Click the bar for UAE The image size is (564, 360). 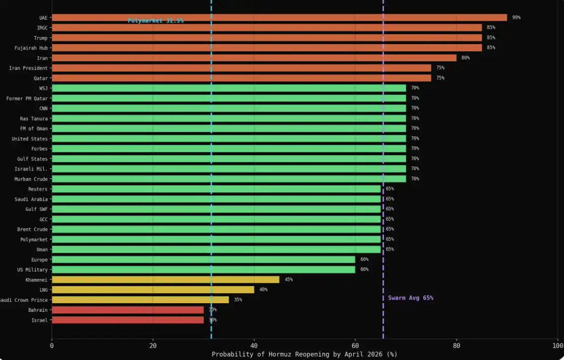point(279,18)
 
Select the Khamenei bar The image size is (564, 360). point(165,279)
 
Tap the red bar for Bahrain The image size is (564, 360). point(127,310)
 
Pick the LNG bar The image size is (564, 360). point(153,290)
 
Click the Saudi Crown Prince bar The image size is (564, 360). point(140,300)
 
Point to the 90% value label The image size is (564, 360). point(516,18)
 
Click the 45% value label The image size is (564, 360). point(289,279)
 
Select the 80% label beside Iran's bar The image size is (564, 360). point(466,58)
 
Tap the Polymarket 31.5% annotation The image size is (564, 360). point(156,21)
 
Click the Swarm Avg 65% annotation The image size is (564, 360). point(411,298)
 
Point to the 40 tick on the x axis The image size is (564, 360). point(254,346)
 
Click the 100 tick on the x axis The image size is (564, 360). point(557,346)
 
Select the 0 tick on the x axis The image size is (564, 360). point(52,346)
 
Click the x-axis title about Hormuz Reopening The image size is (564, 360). point(304,354)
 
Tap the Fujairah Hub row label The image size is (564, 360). point(31,48)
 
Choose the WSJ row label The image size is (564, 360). point(43,88)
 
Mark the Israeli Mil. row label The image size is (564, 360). point(31,169)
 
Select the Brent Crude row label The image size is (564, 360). point(32,229)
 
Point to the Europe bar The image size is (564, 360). point(203,260)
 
